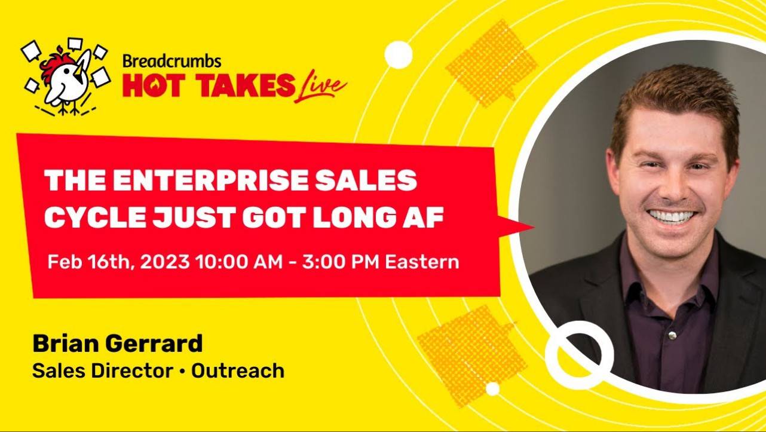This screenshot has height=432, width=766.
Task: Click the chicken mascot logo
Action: pyautogui.click(x=65, y=76)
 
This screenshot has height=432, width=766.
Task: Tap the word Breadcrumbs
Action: pyautogui.click(x=172, y=61)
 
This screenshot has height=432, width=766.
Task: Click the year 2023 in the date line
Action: pyautogui.click(x=165, y=262)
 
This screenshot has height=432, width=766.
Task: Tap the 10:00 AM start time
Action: pyautogui.click(x=239, y=262)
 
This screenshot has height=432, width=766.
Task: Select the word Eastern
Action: pyautogui.click(x=422, y=262)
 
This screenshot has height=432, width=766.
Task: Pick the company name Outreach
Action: pyautogui.click(x=238, y=371)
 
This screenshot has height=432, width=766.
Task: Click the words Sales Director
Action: pyautogui.click(x=103, y=371)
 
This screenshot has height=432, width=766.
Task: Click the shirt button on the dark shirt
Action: pyautogui.click(x=672, y=335)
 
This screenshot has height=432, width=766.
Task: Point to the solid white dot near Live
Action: pyautogui.click(x=399, y=55)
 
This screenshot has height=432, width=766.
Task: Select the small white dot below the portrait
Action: pyautogui.click(x=493, y=389)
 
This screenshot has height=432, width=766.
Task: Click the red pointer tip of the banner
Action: pyautogui.click(x=534, y=227)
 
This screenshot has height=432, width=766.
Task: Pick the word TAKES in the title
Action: pyautogui.click(x=245, y=85)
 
